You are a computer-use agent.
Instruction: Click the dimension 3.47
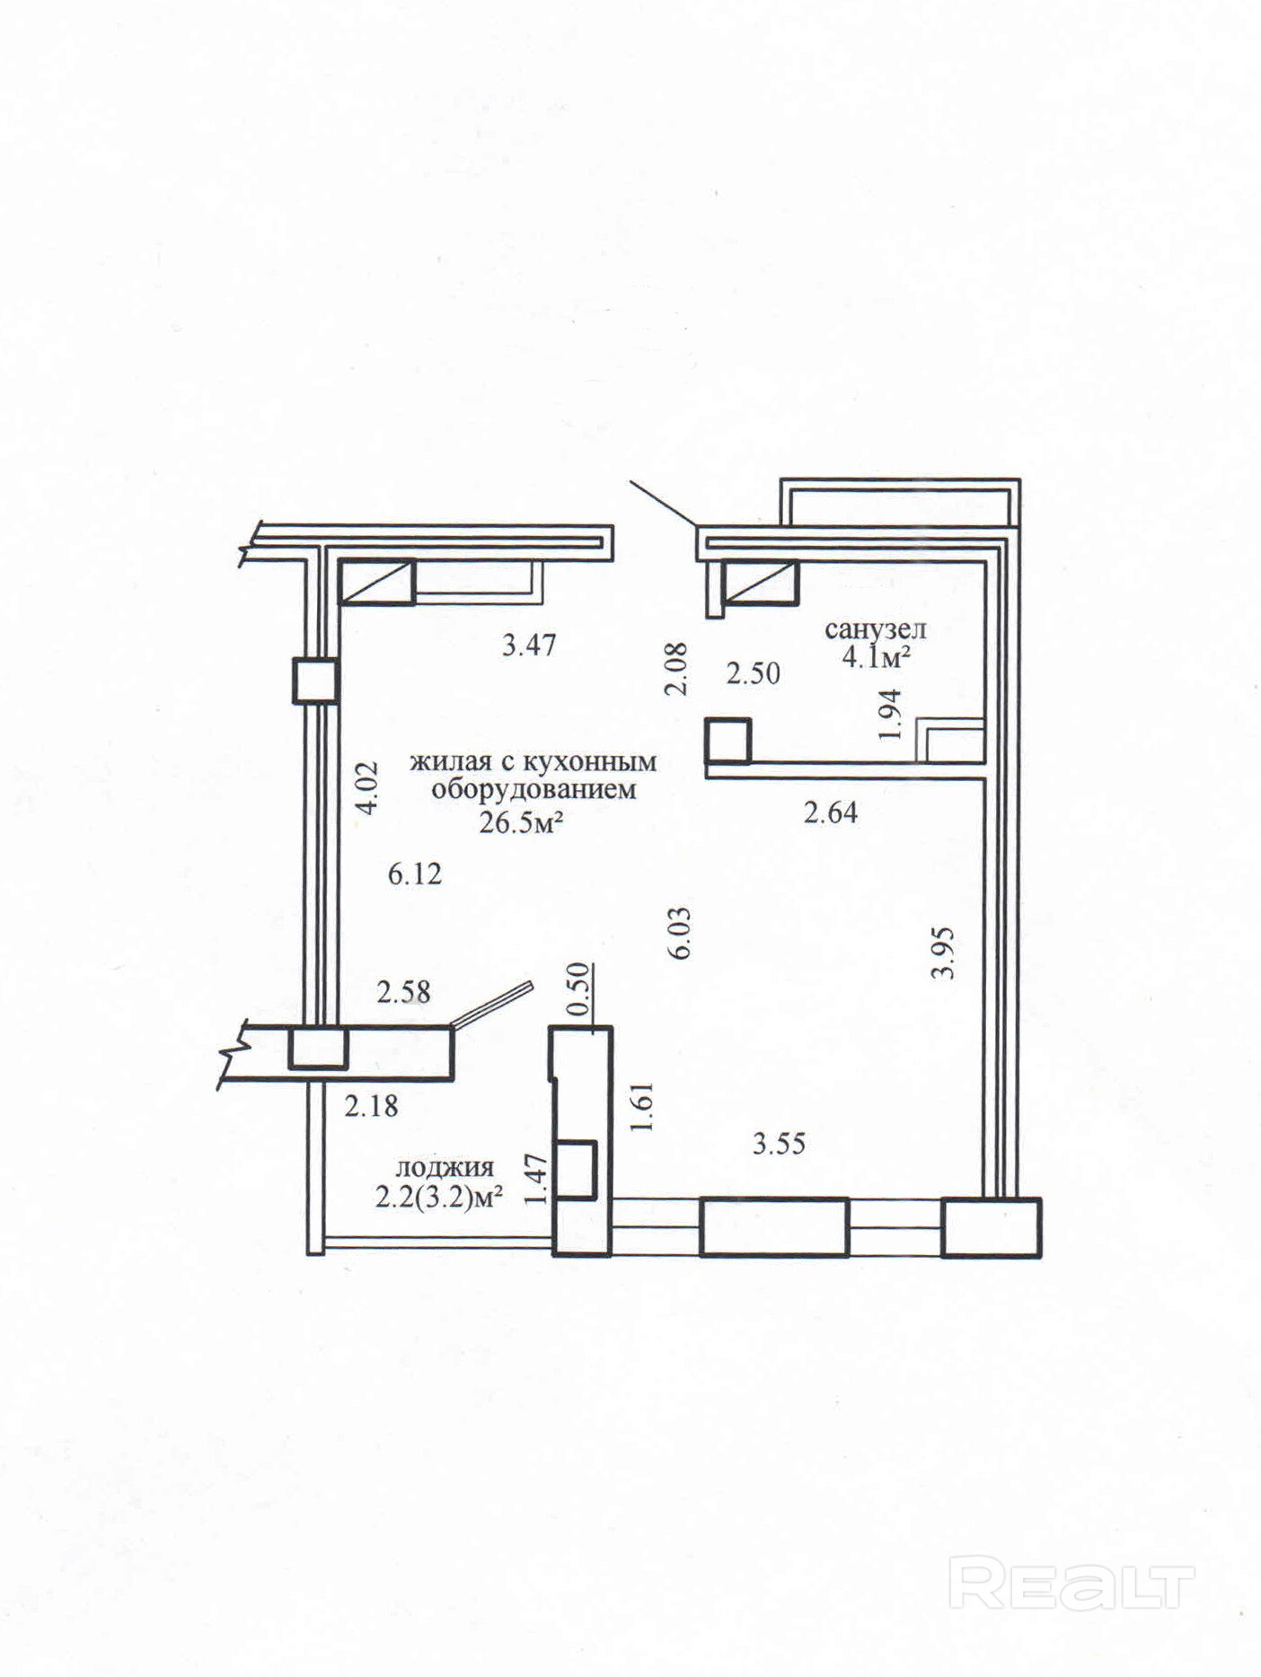coord(529,645)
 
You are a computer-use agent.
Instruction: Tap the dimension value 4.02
coord(366,787)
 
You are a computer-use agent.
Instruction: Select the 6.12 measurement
coord(415,874)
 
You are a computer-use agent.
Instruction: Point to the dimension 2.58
coord(403,992)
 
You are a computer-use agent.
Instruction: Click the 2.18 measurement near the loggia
coord(371,1105)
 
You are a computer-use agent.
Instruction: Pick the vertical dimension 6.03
coord(680,933)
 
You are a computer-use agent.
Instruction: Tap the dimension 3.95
coord(942,953)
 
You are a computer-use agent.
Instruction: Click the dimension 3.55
coord(779,1144)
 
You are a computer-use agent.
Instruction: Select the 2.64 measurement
coord(831,813)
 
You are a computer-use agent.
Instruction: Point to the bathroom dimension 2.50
coord(753,673)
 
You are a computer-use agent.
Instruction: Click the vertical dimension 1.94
coord(890,715)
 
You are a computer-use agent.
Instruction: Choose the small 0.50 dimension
coord(580,988)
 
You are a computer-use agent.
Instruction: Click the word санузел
coord(875,629)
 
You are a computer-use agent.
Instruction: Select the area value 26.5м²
coord(521,821)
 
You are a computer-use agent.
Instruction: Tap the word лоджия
coord(445,1168)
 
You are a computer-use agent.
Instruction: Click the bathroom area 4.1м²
coord(876,657)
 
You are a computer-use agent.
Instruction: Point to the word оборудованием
coord(533,791)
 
